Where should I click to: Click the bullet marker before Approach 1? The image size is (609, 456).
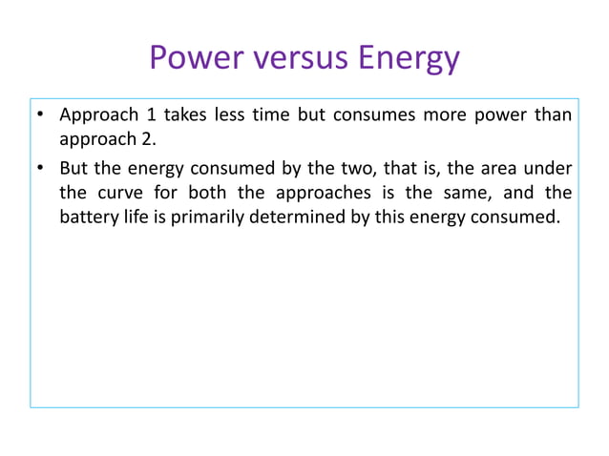coord(41,116)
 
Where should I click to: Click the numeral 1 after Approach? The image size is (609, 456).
coord(151,115)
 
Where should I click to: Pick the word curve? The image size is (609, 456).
coord(117,192)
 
